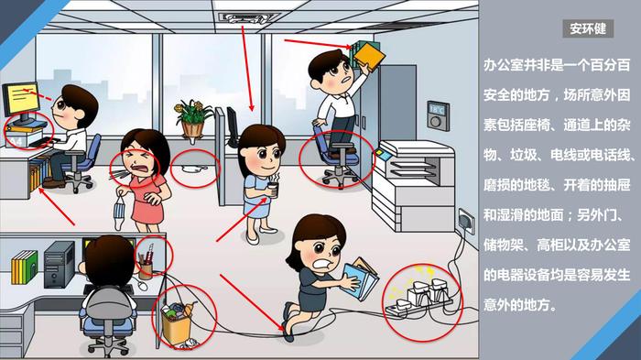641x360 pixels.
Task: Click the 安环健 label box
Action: coord(588,28)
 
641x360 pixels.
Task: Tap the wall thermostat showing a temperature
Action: coord(439,115)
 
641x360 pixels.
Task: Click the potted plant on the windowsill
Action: coord(192,119)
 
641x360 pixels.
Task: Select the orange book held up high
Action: coord(370,55)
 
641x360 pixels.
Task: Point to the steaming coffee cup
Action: coord(273,190)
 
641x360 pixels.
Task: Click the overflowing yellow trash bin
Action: coord(178,323)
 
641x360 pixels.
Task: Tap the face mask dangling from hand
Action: coord(119,212)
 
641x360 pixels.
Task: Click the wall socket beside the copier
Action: coord(467,222)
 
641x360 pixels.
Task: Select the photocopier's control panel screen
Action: coord(383,154)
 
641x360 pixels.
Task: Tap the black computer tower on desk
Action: coord(60,265)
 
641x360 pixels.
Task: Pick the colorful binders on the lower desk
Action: coord(24,267)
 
